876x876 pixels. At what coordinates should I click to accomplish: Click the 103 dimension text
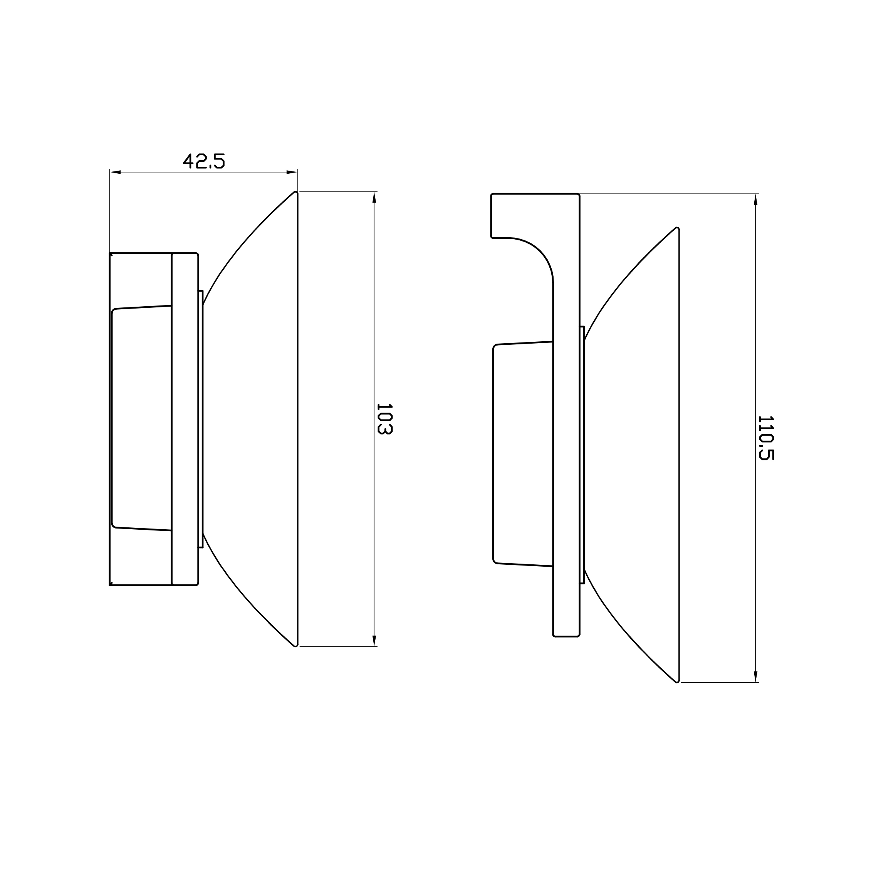384,419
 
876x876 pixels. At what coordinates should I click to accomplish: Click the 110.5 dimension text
766,438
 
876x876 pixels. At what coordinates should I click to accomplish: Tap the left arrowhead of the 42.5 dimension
115,172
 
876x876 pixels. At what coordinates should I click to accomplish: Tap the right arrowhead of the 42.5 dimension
292,172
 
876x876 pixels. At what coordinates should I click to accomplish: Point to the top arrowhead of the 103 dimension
374,198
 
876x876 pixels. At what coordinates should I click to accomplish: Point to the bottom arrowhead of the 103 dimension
374,641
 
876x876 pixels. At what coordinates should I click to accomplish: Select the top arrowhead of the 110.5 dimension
756,200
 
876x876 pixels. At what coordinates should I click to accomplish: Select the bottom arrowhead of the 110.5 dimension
756,689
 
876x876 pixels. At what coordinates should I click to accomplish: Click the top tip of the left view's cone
295,192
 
